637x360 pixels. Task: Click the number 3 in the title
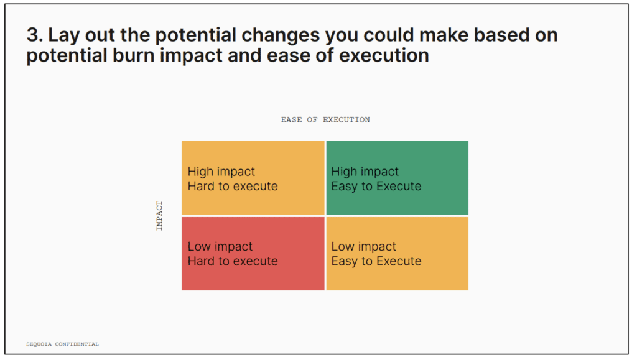32,35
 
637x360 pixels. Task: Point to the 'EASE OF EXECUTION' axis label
325,120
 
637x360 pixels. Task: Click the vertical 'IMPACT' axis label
159,216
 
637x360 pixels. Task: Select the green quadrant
397,178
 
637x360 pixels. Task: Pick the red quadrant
253,253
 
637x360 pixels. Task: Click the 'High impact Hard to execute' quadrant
253,178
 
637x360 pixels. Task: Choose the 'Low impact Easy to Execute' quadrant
397,253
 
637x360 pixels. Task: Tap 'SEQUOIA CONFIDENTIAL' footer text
63,344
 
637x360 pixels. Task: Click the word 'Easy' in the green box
345,187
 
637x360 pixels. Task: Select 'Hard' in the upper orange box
201,186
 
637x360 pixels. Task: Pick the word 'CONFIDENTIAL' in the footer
77,344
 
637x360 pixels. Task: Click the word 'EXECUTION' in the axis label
346,120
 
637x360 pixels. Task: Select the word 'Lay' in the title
64,35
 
